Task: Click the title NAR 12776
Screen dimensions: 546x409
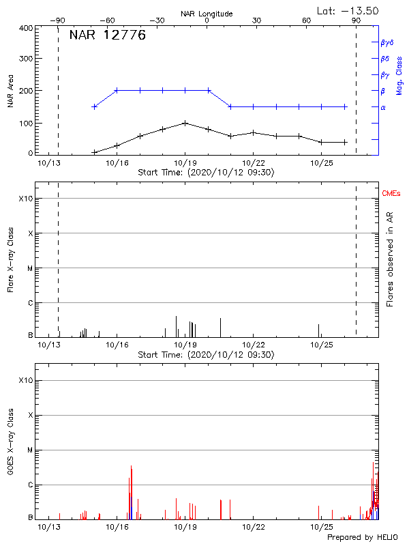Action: [x=108, y=36]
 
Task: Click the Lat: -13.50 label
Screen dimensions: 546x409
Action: [x=348, y=10]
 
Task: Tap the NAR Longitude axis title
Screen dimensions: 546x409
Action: [x=207, y=13]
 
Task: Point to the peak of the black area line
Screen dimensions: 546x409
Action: [x=185, y=123]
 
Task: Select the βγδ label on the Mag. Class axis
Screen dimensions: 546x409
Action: [x=387, y=42]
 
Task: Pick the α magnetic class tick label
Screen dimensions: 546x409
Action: [x=382, y=107]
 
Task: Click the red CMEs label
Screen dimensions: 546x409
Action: [x=392, y=194]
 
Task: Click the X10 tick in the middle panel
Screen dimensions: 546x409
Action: [x=27, y=199]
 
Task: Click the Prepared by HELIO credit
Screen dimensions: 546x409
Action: [x=362, y=537]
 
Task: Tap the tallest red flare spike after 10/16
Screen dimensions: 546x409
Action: [x=130, y=467]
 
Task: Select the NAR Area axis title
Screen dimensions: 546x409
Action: [x=10, y=91]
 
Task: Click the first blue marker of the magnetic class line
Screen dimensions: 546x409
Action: [x=94, y=106]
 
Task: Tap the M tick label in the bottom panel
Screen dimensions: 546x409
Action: [x=29, y=450]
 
